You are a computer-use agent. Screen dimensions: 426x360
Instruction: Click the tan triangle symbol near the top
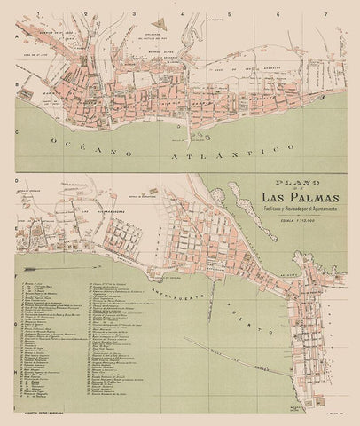point(160,17)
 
